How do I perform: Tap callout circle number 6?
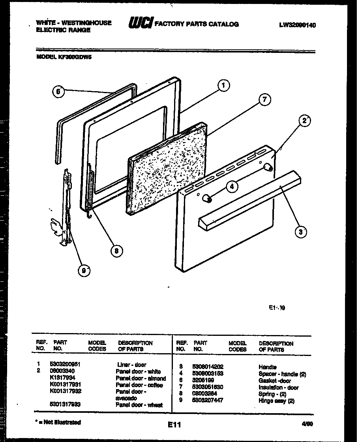[58, 92]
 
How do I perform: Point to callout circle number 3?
[301, 232]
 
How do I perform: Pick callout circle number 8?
[116, 250]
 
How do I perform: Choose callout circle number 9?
[82, 271]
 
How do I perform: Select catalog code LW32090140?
[297, 24]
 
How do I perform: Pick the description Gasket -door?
[275, 381]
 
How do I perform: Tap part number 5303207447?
[208, 400]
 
